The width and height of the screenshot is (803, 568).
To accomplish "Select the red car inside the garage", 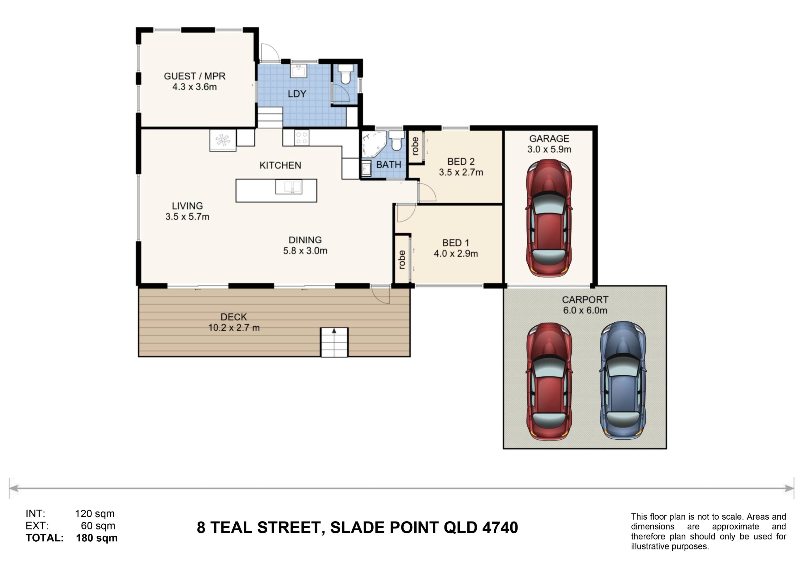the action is [x=549, y=218].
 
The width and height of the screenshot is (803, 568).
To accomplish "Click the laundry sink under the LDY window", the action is [x=298, y=71].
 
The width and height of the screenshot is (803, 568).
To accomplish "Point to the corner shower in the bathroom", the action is [x=374, y=144].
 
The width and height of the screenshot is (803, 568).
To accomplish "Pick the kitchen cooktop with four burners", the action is [x=301, y=137].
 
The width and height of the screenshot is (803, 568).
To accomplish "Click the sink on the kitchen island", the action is [x=289, y=187].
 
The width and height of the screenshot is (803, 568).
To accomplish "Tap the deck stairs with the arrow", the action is [x=334, y=342].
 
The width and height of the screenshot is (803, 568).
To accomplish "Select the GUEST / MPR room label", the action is [x=194, y=76].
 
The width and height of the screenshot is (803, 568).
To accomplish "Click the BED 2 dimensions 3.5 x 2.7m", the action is [x=461, y=172].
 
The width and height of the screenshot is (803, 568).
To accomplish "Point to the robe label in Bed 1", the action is [x=402, y=260].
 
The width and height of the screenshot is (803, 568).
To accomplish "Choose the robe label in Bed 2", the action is [x=415, y=146].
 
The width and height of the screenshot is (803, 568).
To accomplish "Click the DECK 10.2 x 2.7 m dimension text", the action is [x=234, y=328].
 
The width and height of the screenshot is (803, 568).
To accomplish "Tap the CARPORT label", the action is [x=585, y=300].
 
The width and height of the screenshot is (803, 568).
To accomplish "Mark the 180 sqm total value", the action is [x=97, y=538].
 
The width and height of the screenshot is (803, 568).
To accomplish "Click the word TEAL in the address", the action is [x=231, y=528].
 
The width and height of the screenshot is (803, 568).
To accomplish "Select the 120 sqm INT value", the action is [x=95, y=514].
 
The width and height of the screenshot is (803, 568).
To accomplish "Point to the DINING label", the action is [x=305, y=240].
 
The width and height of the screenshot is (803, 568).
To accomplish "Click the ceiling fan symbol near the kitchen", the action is [x=223, y=140].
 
